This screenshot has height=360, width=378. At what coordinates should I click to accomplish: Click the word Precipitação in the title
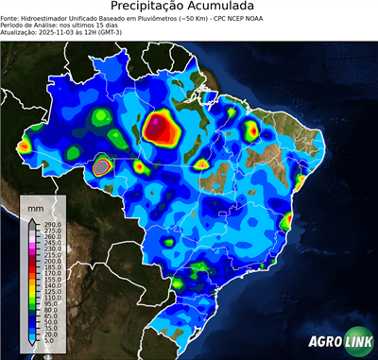click(154, 7)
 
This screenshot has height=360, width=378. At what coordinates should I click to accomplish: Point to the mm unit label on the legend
click(35, 205)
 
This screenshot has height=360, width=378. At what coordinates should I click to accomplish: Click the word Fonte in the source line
click(9, 18)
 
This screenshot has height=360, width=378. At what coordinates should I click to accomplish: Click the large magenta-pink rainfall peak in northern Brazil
click(168, 128)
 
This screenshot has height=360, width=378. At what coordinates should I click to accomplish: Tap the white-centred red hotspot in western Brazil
click(101, 168)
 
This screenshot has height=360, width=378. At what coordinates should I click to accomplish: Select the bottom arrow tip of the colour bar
click(31, 346)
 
